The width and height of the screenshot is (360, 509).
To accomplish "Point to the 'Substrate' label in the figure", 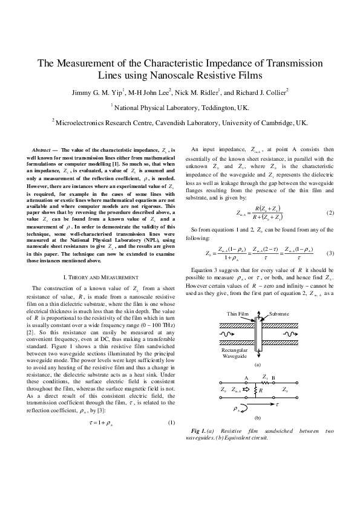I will point(280,314).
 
